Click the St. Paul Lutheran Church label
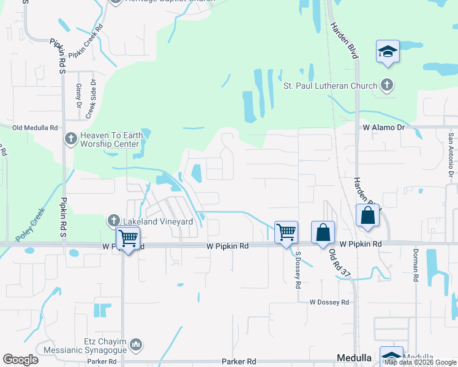coord(329,86)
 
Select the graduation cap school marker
coord(388,51)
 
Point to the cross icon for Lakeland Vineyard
coord(113,221)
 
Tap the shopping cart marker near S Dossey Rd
coord(286,232)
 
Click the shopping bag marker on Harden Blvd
coord(367,216)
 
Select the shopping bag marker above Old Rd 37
coord(323,233)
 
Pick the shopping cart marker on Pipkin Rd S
coord(128,238)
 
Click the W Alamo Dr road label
coord(384,128)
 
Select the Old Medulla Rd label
coord(35,128)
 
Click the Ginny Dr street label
coord(78,96)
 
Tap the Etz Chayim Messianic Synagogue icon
coord(136,346)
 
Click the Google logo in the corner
coord(21,360)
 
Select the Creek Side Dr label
coord(91,99)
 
